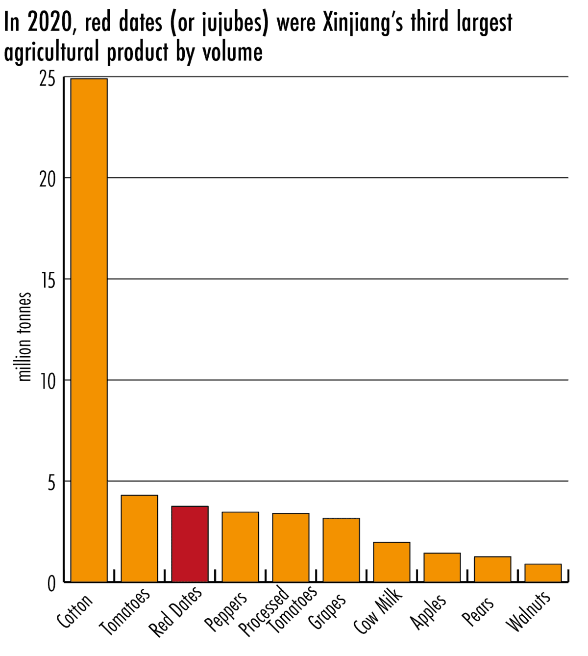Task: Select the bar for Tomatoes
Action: point(139,538)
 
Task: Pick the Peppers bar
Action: point(240,547)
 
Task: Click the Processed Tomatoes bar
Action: point(291,548)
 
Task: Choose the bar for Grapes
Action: point(341,550)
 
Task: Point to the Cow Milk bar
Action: point(392,562)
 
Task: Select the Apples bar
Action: point(442,567)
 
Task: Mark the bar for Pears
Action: point(492,569)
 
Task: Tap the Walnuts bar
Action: point(543,573)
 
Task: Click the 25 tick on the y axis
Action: point(48,79)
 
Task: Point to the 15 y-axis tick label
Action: point(48,281)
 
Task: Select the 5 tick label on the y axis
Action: point(51,483)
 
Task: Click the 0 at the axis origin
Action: point(51,584)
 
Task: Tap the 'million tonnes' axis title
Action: point(24,337)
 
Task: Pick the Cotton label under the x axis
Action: point(74,610)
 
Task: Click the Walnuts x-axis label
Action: point(528,611)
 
